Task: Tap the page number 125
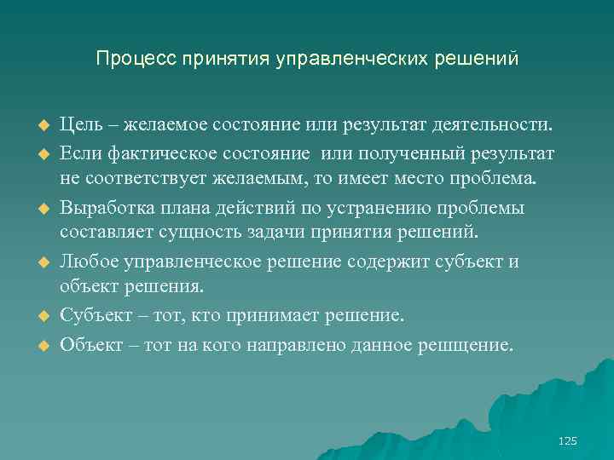(x=567, y=440)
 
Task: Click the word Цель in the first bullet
(x=80, y=126)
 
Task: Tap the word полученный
(x=416, y=153)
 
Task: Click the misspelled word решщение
(x=469, y=346)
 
